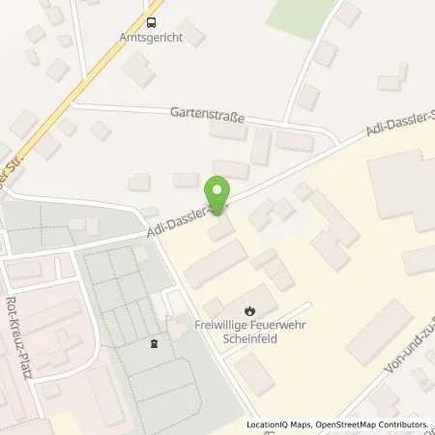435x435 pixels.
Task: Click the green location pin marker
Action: (x=219, y=192)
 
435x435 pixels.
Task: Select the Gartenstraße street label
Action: (x=207, y=114)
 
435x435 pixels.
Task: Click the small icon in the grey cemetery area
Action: (x=151, y=342)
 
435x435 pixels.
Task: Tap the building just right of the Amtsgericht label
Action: (x=191, y=35)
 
